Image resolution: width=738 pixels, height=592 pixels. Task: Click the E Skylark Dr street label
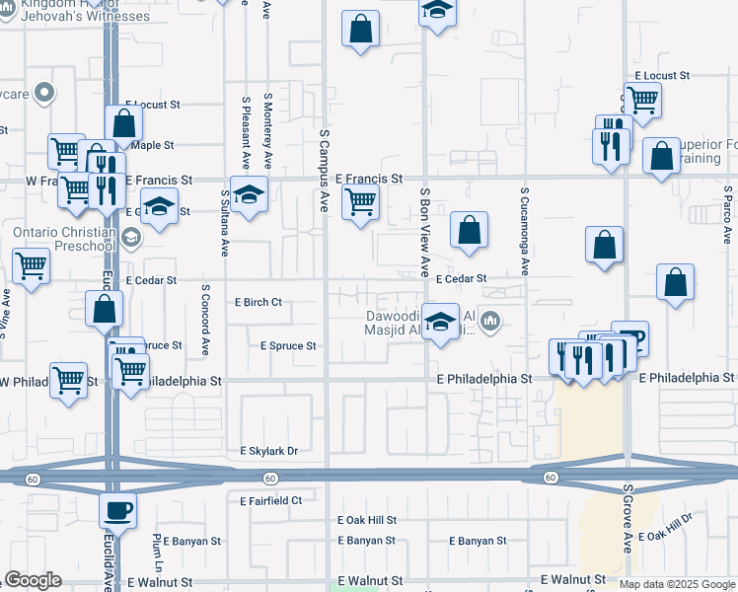coord(268,451)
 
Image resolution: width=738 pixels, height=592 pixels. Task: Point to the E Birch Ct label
coord(257,302)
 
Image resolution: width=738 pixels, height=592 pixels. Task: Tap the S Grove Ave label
coord(627,518)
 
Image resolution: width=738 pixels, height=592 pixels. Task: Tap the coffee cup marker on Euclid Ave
coord(118,511)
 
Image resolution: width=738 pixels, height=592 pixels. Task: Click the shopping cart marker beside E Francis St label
coord(360,201)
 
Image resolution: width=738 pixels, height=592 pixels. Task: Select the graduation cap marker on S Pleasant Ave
coord(249,193)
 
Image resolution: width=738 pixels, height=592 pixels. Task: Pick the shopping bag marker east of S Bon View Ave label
coord(470,230)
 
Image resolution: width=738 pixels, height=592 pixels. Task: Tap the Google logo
coord(33,580)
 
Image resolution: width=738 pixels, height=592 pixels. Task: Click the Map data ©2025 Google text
coord(677,584)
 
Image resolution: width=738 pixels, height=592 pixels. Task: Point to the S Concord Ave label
coord(205,321)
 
